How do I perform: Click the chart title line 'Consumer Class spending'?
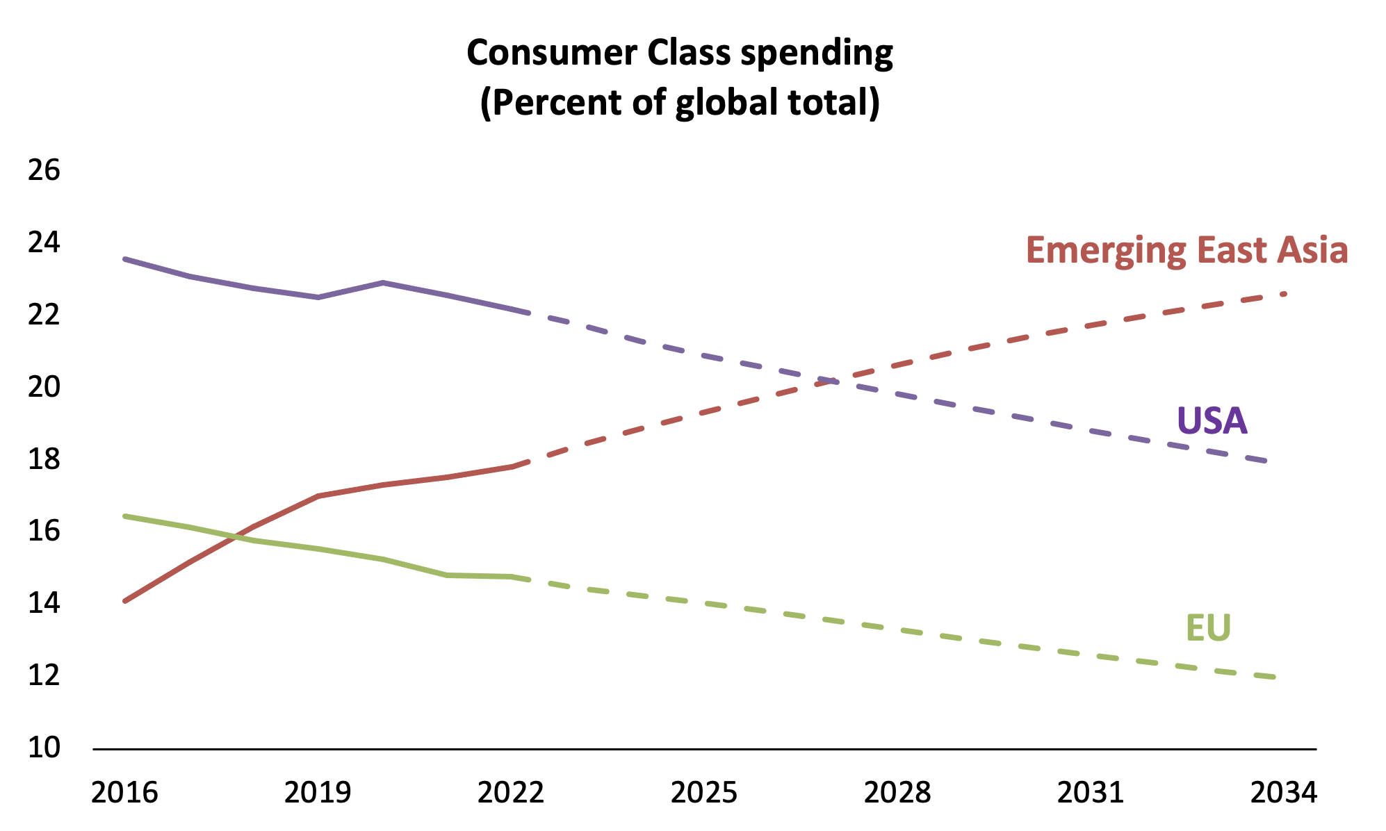pyautogui.click(x=679, y=54)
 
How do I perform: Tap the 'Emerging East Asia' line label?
pyautogui.click(x=1187, y=250)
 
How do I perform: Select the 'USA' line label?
pyautogui.click(x=1212, y=421)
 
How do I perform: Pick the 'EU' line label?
pyautogui.click(x=1208, y=628)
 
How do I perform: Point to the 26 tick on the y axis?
pyautogui.click(x=44, y=171)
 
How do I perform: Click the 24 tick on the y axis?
pyautogui.click(x=44, y=243)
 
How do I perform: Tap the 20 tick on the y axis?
pyautogui.click(x=44, y=387)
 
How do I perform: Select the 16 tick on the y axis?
pyautogui.click(x=44, y=532)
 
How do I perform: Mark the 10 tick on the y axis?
pyautogui.click(x=44, y=748)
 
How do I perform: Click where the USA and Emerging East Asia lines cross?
pyautogui.click(x=833, y=381)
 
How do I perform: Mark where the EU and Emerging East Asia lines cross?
pyautogui.click(x=236, y=536)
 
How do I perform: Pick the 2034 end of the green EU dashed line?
pyautogui.click(x=1275, y=677)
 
